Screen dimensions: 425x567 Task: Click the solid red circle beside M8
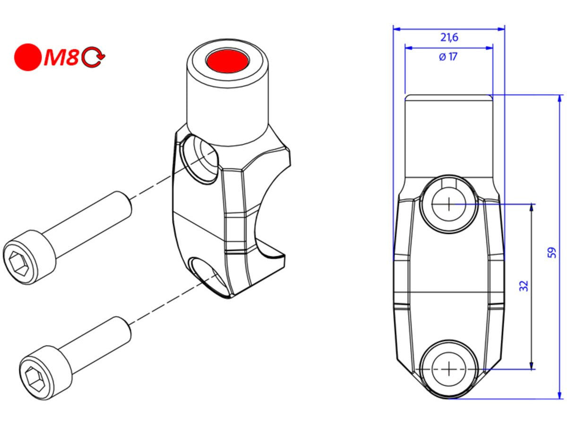(28, 57)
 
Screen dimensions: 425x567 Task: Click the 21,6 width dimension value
(449, 37)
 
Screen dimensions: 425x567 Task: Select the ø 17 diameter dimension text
(448, 57)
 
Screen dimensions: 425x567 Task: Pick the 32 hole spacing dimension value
(524, 286)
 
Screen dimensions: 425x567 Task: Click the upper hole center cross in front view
(448, 204)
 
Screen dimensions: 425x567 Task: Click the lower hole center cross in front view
(448, 369)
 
